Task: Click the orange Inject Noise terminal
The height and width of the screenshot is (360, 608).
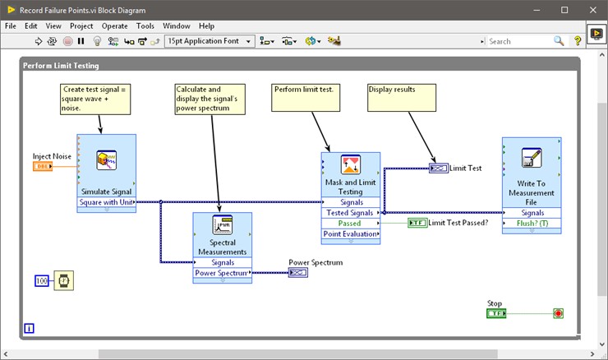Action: pyautogui.click(x=43, y=167)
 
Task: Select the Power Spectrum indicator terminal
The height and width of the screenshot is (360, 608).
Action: pyautogui.click(x=297, y=273)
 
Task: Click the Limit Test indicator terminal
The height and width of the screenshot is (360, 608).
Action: pyautogui.click(x=439, y=168)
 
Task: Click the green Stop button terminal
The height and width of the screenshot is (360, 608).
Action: pyautogui.click(x=496, y=313)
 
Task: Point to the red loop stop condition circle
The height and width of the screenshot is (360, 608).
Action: pyautogui.click(x=559, y=313)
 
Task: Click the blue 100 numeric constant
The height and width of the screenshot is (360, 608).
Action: pyautogui.click(x=42, y=281)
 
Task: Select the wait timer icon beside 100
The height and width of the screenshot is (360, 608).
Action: pyautogui.click(x=63, y=281)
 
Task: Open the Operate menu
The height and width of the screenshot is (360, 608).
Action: pyautogui.click(x=114, y=25)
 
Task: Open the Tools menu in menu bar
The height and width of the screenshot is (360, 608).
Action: pyautogui.click(x=145, y=25)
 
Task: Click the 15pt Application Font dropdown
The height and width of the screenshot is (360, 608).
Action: pyautogui.click(x=208, y=40)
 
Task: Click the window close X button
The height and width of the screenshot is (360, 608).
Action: pyautogui.click(x=588, y=10)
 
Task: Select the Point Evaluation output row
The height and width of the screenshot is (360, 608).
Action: pyautogui.click(x=351, y=234)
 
